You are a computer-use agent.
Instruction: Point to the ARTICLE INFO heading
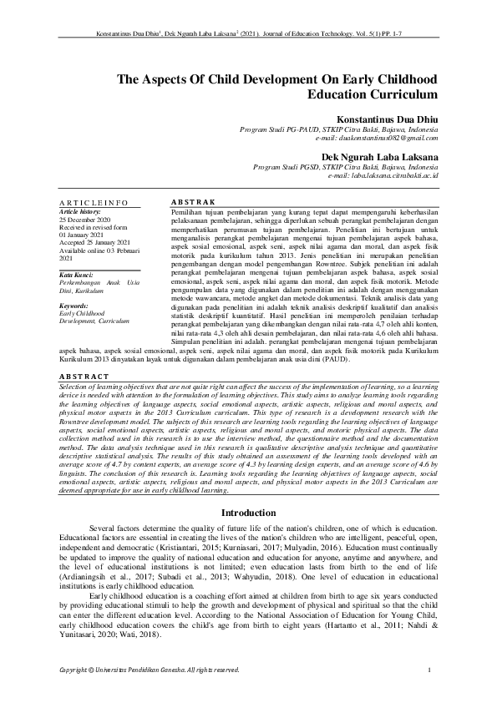(x=94, y=203)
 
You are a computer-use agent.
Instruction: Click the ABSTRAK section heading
(x=193, y=203)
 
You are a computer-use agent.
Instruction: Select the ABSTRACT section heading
(x=83, y=377)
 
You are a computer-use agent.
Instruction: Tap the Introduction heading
(x=248, y=513)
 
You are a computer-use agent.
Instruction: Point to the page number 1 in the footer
(x=429, y=670)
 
